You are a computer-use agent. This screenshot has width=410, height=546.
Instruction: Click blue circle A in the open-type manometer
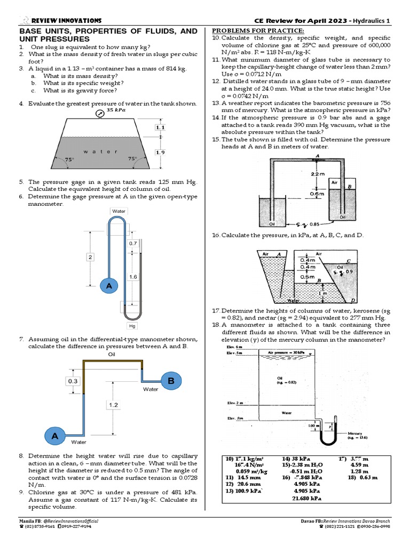coord(109,286)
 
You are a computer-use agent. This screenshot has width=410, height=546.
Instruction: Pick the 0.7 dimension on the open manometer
coord(133,243)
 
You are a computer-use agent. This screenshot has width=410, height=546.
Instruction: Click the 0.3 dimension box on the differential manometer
coord(73,381)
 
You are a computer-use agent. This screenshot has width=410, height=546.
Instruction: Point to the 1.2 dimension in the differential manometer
coord(113,405)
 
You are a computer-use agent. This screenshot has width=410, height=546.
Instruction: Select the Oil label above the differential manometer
coord(112,354)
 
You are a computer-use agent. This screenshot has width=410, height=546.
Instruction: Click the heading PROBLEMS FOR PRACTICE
coord(258,31)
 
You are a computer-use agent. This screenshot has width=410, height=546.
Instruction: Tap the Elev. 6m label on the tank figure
coord(228,347)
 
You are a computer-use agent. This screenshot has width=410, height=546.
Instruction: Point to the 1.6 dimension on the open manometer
coord(133,277)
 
